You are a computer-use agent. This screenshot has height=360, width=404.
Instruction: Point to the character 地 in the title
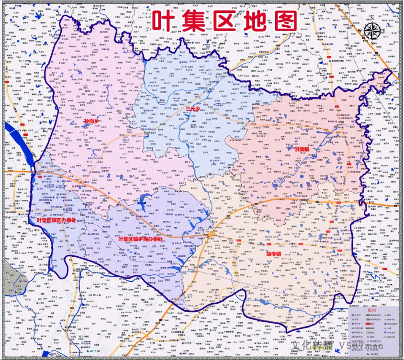pyautogui.click(x=255, y=22)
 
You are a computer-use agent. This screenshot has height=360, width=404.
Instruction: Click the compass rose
pyautogui.click(x=372, y=32)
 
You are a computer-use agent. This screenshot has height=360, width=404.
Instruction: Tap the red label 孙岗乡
pyautogui.click(x=91, y=121)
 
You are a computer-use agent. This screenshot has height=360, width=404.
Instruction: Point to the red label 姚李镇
pyautogui.click(x=274, y=254)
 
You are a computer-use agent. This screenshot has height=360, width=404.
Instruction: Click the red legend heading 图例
pyautogui.click(x=372, y=310)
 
